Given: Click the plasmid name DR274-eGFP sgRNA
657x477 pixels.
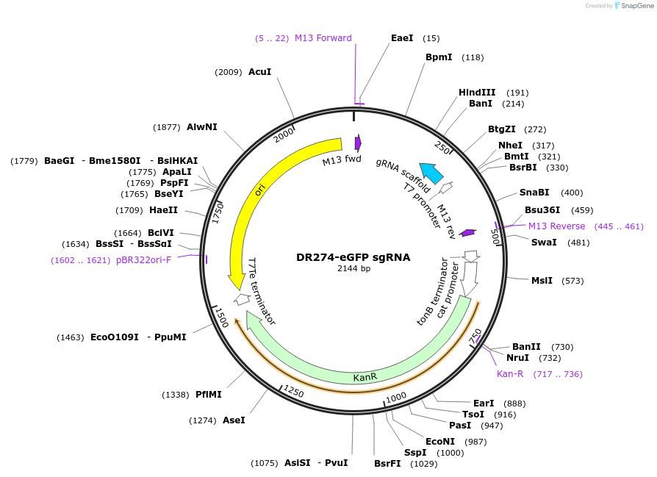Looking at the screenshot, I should (353, 258).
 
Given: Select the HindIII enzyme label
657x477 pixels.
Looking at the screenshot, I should (477, 93).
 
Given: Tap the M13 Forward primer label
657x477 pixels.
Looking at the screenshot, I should (323, 38).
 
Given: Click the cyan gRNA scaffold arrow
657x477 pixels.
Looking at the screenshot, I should (431, 173).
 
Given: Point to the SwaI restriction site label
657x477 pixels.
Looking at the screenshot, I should (544, 243).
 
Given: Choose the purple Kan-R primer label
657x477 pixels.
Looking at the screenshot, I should (510, 374).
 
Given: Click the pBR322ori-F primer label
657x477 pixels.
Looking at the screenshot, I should (143, 260).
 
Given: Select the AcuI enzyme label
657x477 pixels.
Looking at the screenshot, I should (259, 72).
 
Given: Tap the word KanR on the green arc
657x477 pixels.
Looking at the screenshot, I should (365, 377).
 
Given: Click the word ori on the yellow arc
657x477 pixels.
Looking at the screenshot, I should (260, 191).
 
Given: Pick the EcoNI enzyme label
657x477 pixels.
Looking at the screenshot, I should (440, 442).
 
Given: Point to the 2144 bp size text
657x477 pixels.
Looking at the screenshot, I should (353, 269).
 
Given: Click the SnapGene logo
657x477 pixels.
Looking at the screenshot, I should (633, 6).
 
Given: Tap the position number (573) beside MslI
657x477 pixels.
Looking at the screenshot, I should (572, 281).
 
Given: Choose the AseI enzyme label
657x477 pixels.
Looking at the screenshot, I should (233, 420).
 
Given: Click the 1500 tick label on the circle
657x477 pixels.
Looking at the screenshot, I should (220, 317).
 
